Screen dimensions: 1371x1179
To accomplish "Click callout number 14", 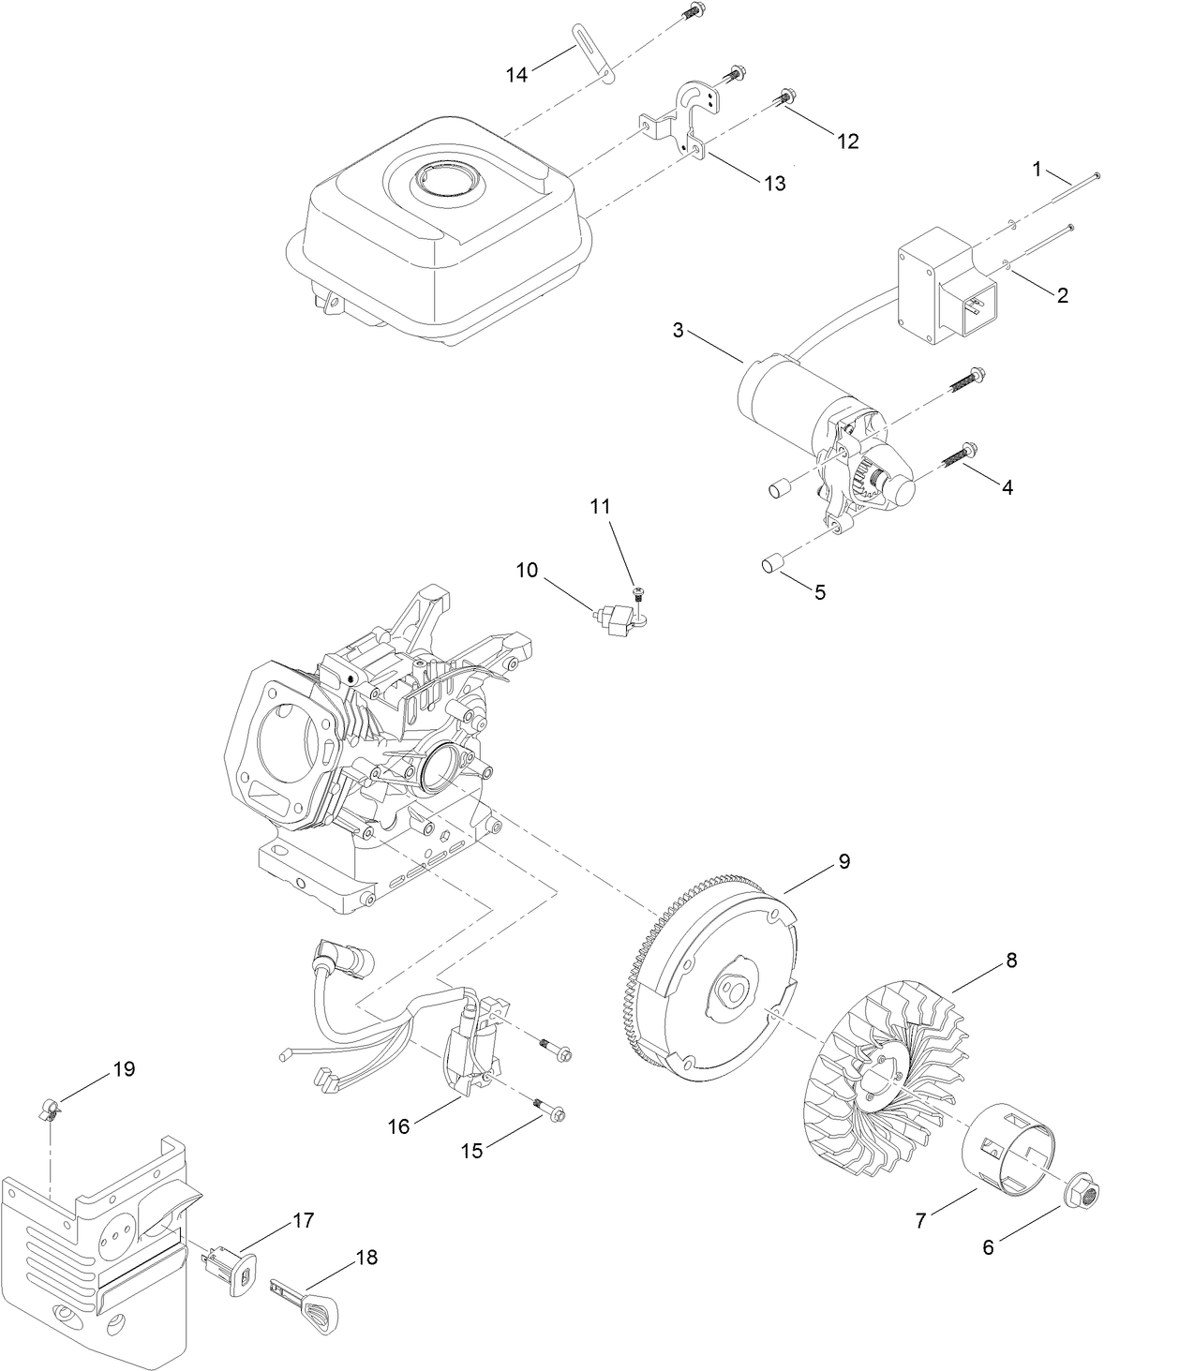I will (517, 75).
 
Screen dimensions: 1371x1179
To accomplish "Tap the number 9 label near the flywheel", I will (843, 861).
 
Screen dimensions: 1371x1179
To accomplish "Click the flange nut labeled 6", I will (1086, 1193).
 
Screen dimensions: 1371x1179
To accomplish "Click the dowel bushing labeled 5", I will (771, 565).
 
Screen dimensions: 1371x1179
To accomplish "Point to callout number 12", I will (847, 141).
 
